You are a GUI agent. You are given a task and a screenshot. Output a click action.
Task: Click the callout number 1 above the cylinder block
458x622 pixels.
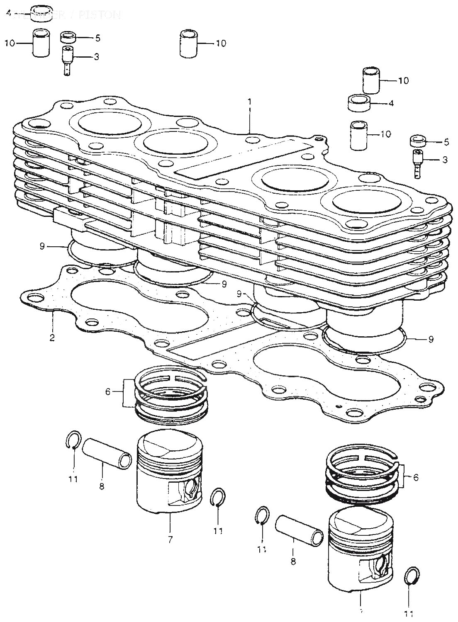click(x=250, y=101)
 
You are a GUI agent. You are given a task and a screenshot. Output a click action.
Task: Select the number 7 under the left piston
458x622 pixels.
click(x=171, y=539)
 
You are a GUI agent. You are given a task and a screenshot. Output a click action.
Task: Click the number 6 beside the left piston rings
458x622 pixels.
click(x=108, y=391)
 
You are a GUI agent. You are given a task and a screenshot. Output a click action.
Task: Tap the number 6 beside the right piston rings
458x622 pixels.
click(x=416, y=477)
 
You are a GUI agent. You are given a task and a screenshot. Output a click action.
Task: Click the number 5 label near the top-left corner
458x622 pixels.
click(x=97, y=38)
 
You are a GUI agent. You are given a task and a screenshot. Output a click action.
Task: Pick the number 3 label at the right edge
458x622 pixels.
click(x=445, y=160)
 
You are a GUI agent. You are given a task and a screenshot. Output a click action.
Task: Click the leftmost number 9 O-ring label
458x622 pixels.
click(x=42, y=246)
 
